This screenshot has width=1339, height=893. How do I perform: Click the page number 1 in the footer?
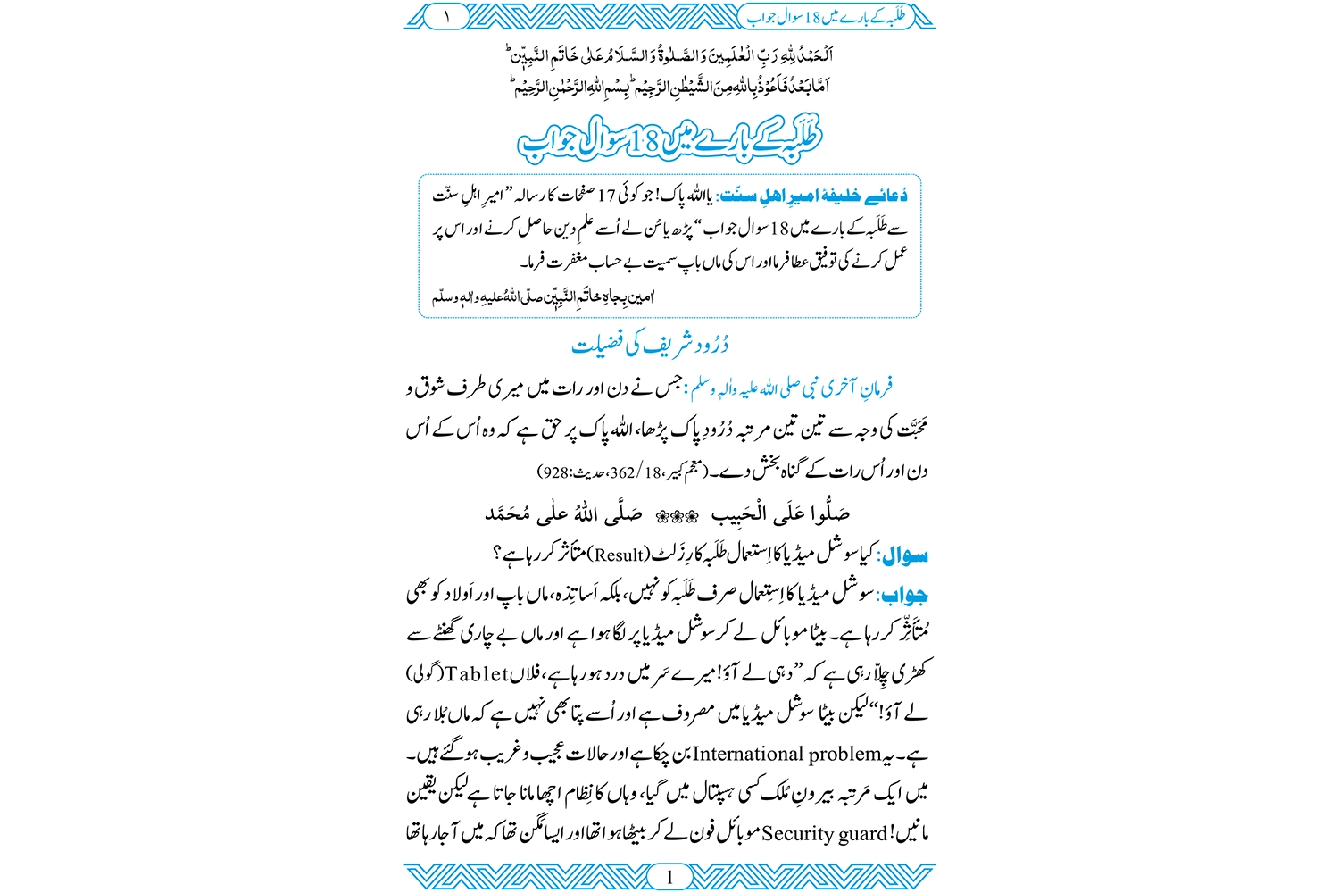[669, 877]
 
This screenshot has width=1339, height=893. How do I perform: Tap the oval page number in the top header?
[446, 15]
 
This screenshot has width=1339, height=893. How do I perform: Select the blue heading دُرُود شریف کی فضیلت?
[650, 345]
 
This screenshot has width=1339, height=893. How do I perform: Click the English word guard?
[863, 834]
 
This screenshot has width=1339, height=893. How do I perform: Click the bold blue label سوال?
[905, 555]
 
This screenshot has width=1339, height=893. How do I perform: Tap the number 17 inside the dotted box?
[607, 196]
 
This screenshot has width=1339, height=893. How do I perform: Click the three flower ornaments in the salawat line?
[677, 515]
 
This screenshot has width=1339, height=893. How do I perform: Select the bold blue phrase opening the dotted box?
[814, 196]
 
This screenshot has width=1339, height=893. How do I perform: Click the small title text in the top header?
[826, 15]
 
